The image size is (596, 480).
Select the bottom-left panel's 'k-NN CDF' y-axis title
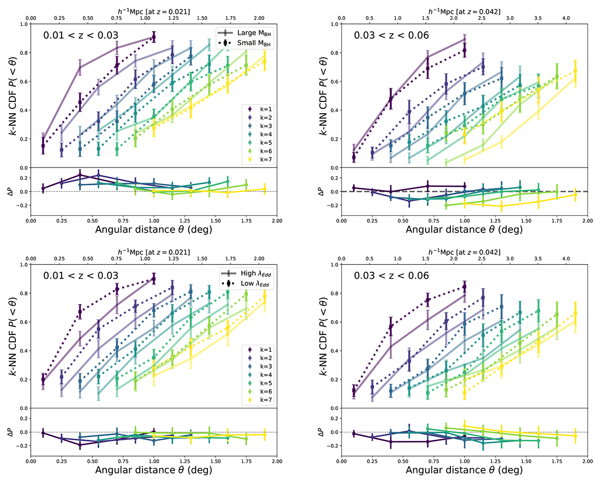pyautogui.click(x=11, y=336)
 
